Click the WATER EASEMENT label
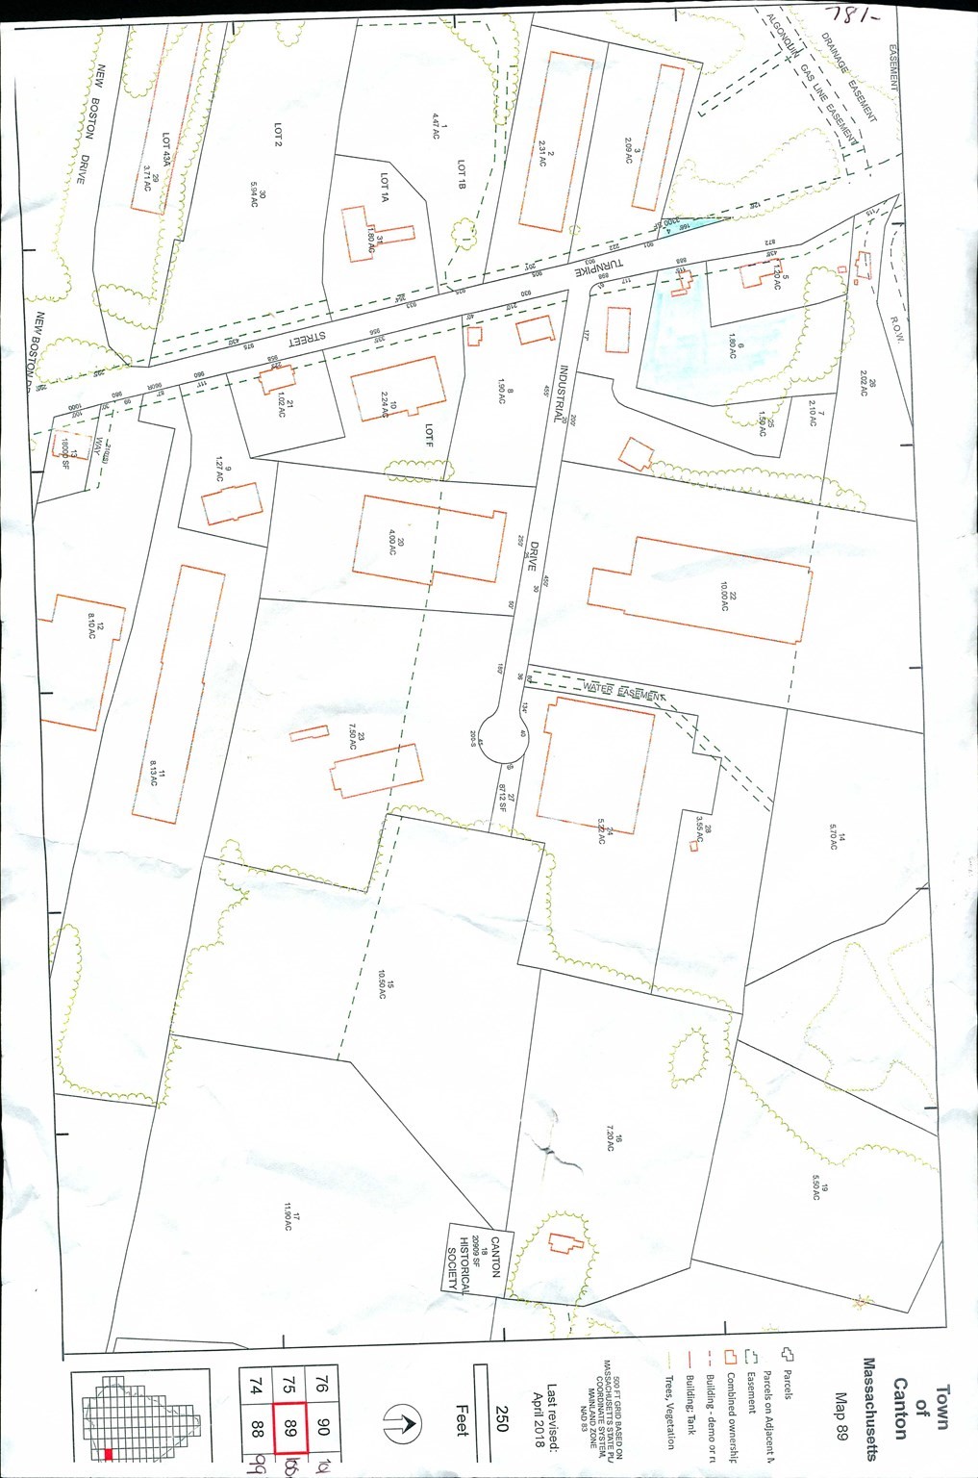(622, 690)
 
